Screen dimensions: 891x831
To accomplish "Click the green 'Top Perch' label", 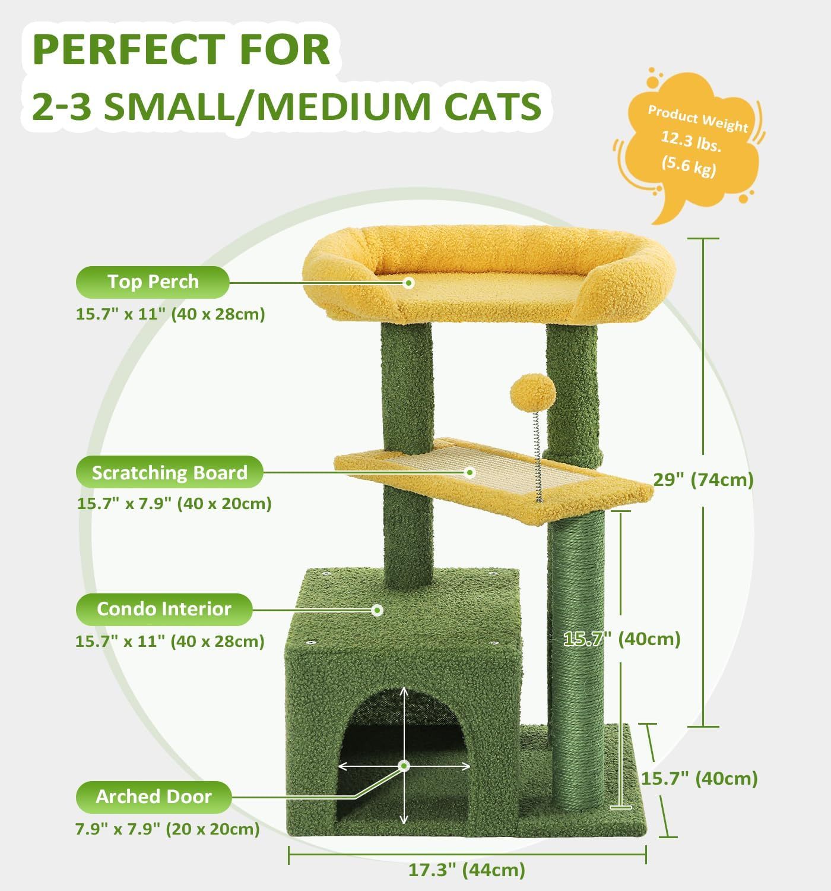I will point(153,282).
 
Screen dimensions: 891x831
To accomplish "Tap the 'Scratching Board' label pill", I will point(169,473).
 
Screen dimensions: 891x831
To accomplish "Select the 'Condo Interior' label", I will point(164,609).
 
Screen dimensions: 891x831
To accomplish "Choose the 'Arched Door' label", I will point(154,797).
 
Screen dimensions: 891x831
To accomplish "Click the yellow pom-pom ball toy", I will point(528,389).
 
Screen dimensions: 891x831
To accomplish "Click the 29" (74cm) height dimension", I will point(703,479).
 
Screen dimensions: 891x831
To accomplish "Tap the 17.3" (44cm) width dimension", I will point(467,870).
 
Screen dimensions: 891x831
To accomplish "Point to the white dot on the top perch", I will point(408,283).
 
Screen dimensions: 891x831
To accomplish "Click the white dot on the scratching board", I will point(470,473).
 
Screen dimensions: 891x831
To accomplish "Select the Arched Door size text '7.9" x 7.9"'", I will point(118,829).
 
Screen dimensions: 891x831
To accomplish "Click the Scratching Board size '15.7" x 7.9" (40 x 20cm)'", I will point(174,504).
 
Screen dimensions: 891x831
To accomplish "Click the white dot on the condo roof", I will point(376,609).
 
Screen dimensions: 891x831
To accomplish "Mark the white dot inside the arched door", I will point(404,766).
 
